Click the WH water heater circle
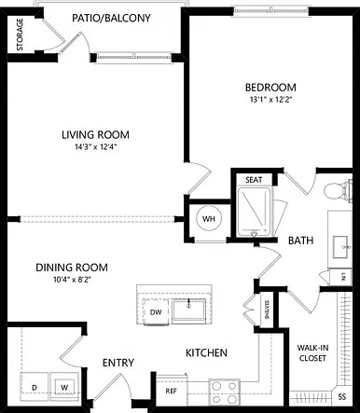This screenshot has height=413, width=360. [209, 219]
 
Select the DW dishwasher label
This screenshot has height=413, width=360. [156, 312]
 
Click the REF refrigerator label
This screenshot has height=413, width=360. [172, 392]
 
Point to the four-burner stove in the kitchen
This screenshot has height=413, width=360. [224, 392]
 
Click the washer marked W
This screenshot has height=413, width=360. [64, 387]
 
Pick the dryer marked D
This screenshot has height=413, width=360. [35, 387]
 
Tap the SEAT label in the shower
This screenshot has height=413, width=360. [254, 180]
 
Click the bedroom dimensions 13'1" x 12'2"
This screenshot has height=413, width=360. [270, 100]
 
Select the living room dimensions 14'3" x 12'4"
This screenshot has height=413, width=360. [95, 147]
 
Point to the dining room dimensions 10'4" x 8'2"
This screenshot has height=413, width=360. [72, 280]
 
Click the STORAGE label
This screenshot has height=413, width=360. [20, 34]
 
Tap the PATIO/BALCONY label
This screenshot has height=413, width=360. [111, 18]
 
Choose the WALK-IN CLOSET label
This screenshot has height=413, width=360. [312, 352]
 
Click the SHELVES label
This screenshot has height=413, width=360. [267, 310]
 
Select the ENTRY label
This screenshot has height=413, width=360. [118, 363]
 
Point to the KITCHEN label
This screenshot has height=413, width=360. [206, 352]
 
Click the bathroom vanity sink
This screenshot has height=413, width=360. [340, 247]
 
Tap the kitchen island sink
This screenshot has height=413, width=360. [188, 310]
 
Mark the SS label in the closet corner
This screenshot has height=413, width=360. [342, 397]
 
